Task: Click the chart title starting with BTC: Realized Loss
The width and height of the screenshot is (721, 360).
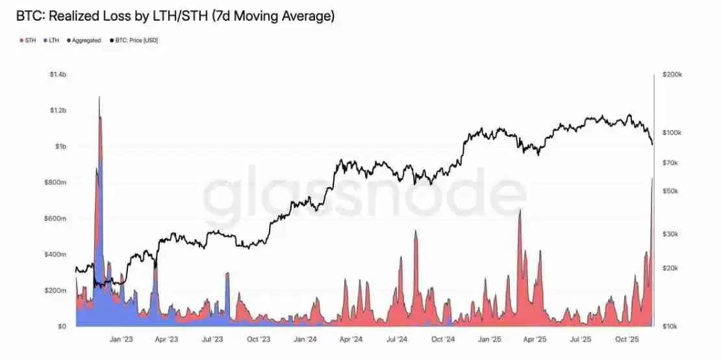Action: pos(175,16)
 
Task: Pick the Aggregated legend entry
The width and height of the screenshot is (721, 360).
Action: pos(84,40)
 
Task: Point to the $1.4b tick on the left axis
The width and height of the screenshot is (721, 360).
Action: pos(58,75)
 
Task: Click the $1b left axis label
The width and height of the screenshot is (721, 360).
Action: pos(60,147)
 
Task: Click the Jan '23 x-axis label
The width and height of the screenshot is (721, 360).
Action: pos(121,339)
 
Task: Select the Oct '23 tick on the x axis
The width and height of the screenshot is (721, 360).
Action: pos(259,339)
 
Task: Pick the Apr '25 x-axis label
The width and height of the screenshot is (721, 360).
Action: pos(535,339)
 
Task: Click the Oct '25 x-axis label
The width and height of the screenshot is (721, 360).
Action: pos(627,339)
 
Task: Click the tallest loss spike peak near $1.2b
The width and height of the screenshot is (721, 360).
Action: pos(99,97)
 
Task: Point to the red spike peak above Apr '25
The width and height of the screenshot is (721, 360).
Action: pos(520,211)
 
